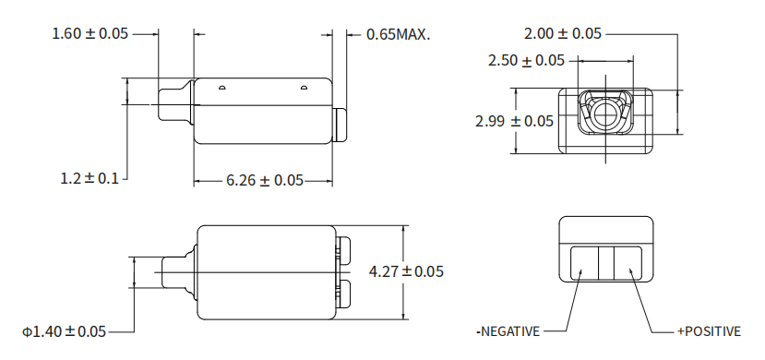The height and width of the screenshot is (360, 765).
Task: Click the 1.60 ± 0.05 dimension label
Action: pos(90,33)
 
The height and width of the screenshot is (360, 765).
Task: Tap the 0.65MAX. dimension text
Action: pos(398,35)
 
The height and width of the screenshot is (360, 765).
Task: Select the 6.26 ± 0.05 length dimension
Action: pos(265,181)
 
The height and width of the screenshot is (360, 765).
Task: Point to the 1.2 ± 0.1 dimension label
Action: pos(90,178)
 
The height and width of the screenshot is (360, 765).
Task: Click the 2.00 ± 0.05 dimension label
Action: pos(563,33)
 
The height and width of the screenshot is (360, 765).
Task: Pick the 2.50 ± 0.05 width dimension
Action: pos(526,61)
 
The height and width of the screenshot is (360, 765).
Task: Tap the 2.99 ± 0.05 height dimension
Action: pos(514,121)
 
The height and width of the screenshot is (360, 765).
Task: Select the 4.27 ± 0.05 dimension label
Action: pos(406,271)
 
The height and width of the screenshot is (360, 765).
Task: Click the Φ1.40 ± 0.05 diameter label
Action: pos(64,331)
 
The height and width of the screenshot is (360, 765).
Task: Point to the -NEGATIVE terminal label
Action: pos(508,331)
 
